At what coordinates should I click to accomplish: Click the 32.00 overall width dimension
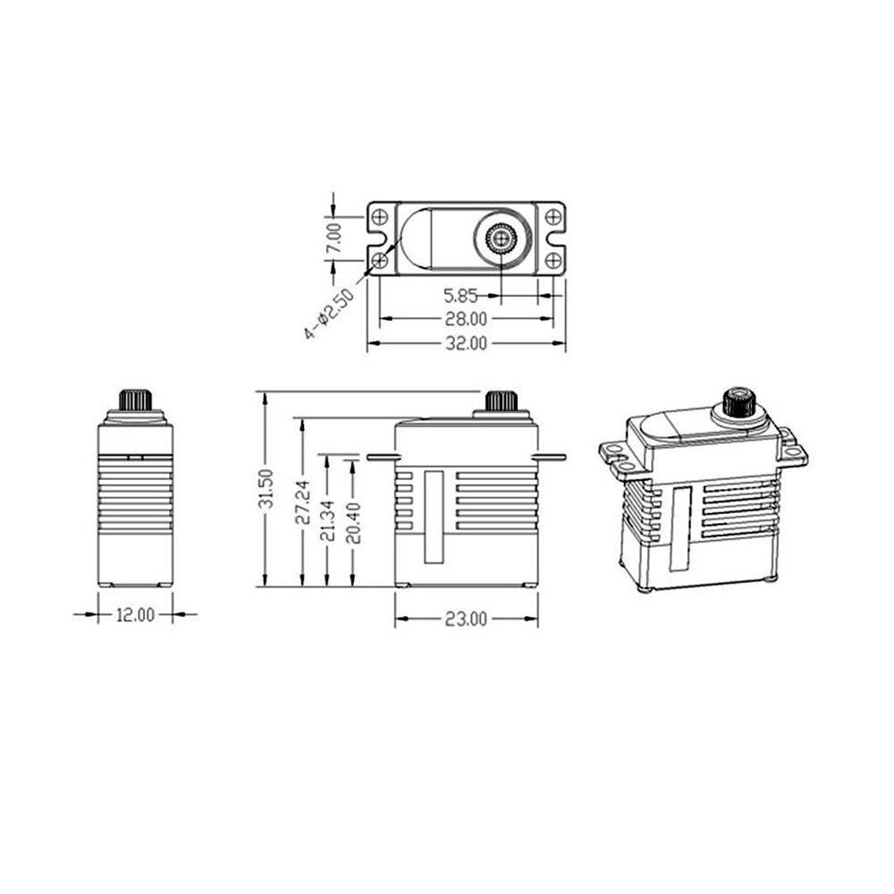tap(466, 343)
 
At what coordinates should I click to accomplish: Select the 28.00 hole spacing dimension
tap(466, 319)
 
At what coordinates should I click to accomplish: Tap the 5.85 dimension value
tap(460, 295)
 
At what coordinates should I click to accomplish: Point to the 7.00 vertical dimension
tap(334, 238)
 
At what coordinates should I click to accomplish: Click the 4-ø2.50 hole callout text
tap(329, 314)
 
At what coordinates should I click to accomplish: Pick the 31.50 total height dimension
tap(266, 489)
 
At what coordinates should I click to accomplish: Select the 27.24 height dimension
tap(303, 502)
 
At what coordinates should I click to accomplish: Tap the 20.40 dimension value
tap(353, 522)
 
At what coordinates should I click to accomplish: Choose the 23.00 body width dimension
tap(466, 620)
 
